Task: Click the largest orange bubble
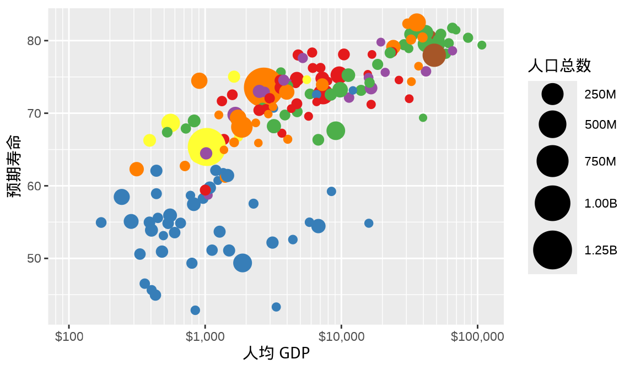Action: (x=263, y=87)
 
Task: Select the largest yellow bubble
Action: (x=207, y=146)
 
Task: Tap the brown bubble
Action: (x=434, y=55)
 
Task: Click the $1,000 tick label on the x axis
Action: (x=205, y=336)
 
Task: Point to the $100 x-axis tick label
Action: (x=69, y=336)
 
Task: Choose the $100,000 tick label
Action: (x=477, y=336)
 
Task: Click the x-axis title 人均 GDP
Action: (x=276, y=353)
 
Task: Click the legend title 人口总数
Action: (x=559, y=66)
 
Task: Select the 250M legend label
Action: (x=600, y=95)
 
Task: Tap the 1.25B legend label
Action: (x=601, y=250)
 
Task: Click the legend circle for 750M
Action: (x=552, y=161)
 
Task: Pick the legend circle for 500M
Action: (x=552, y=124)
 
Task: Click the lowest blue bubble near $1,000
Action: (x=195, y=310)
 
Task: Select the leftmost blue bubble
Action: (x=101, y=222)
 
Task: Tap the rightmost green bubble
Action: (x=482, y=45)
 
